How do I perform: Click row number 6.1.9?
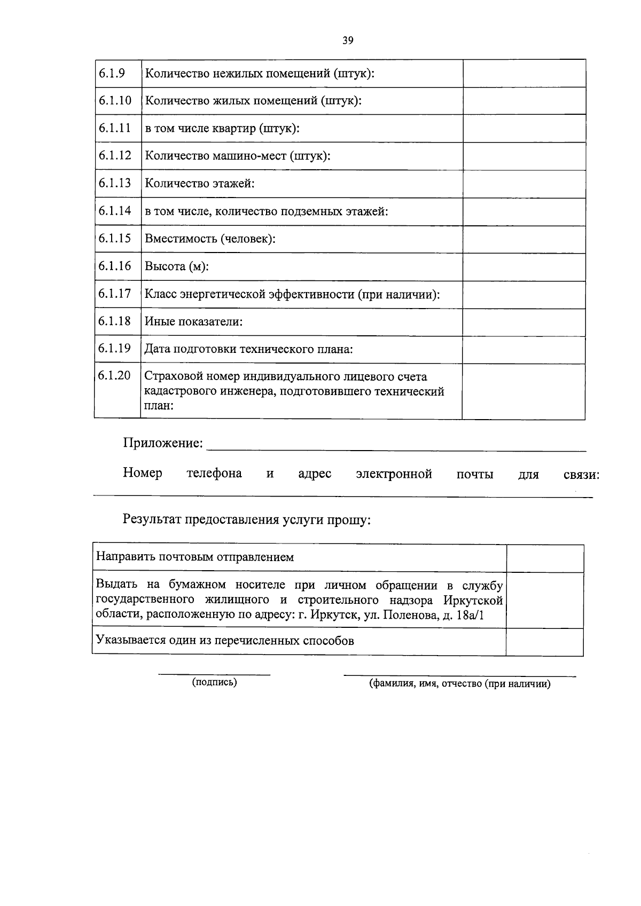[x=112, y=73]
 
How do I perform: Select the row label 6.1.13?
[x=114, y=183]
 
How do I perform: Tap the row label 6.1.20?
[x=114, y=375]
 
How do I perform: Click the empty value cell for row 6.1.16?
[x=524, y=266]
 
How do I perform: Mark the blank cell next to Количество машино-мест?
[x=524, y=156]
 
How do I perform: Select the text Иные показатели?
[x=193, y=322]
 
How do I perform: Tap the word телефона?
[x=214, y=474]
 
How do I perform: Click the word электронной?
[x=394, y=474]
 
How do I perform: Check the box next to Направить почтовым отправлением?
[x=544, y=558]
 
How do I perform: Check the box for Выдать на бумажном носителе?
[x=544, y=600]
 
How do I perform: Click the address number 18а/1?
[x=467, y=615]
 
